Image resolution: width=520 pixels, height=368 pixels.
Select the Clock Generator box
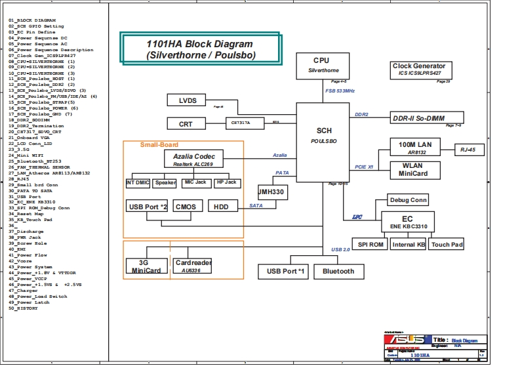pos(419,70)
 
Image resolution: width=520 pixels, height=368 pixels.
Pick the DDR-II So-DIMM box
pos(418,118)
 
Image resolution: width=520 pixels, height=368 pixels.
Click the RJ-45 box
pos(472,150)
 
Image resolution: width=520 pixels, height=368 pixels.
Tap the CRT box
pos(185,123)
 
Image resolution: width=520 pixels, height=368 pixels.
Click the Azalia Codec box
pos(193,159)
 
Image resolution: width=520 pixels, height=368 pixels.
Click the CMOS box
pos(186,207)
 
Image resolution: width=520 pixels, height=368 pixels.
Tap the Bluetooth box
pos(338,271)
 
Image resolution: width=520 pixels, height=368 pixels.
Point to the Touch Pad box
pos(447,245)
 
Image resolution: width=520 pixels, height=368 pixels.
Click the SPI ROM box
pos(370,245)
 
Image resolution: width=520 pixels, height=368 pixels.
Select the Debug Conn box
pos(408,200)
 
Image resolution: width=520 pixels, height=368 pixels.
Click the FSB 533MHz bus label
pos(340,91)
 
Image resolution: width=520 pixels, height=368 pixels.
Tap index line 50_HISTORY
pos(24,308)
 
